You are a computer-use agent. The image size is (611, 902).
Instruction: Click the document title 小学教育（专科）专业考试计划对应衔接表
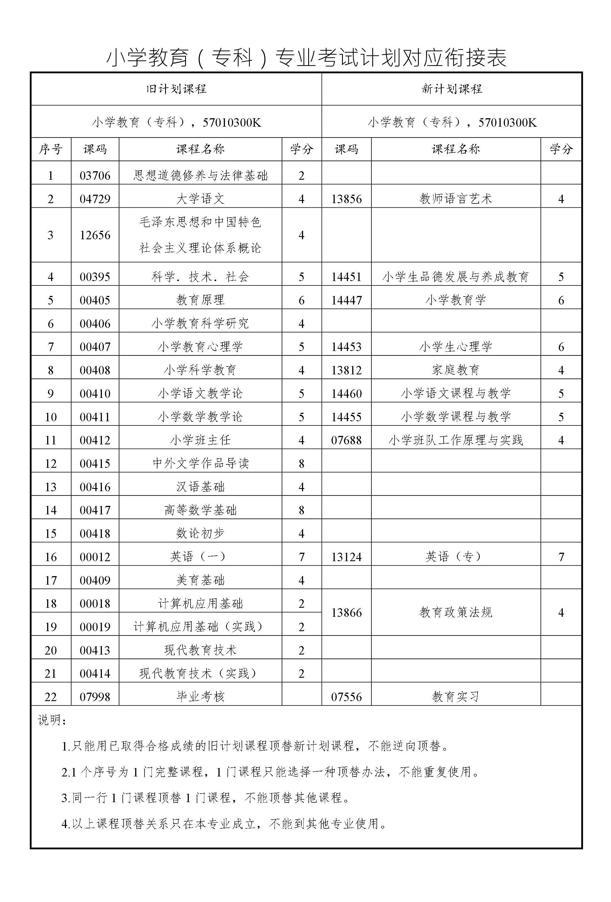(306, 58)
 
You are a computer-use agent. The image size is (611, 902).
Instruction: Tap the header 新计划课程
(452, 89)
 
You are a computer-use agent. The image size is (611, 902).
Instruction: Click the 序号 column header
(51, 149)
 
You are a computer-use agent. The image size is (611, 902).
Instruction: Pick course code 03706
(95, 175)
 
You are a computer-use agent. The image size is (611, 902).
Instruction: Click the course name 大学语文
(200, 199)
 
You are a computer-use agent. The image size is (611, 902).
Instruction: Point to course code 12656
(95, 235)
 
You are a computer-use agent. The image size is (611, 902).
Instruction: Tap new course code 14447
(346, 300)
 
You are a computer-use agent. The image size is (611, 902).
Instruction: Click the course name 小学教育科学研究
(200, 323)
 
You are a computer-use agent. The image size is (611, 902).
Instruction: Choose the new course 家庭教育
(456, 370)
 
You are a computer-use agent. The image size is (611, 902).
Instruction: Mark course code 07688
(346, 440)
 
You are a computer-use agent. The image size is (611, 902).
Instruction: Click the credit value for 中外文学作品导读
(301, 464)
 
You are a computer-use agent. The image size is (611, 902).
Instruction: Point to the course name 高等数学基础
(200, 510)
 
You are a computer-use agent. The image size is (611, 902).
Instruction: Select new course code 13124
(346, 557)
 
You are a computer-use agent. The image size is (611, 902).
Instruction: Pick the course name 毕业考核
(200, 697)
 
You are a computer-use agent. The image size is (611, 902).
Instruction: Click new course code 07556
(346, 697)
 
